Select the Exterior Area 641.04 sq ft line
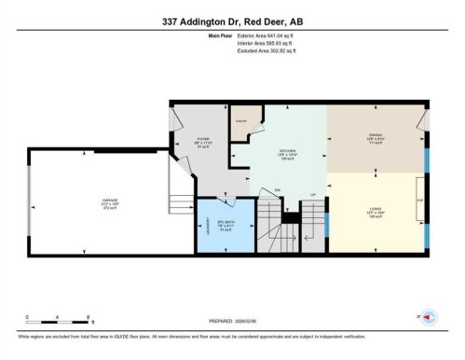pos(257,35)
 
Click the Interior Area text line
pos(257,43)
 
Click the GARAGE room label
pos(110,202)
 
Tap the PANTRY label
pos(239,121)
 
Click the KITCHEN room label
pos(288,152)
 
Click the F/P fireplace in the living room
pos(419,200)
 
